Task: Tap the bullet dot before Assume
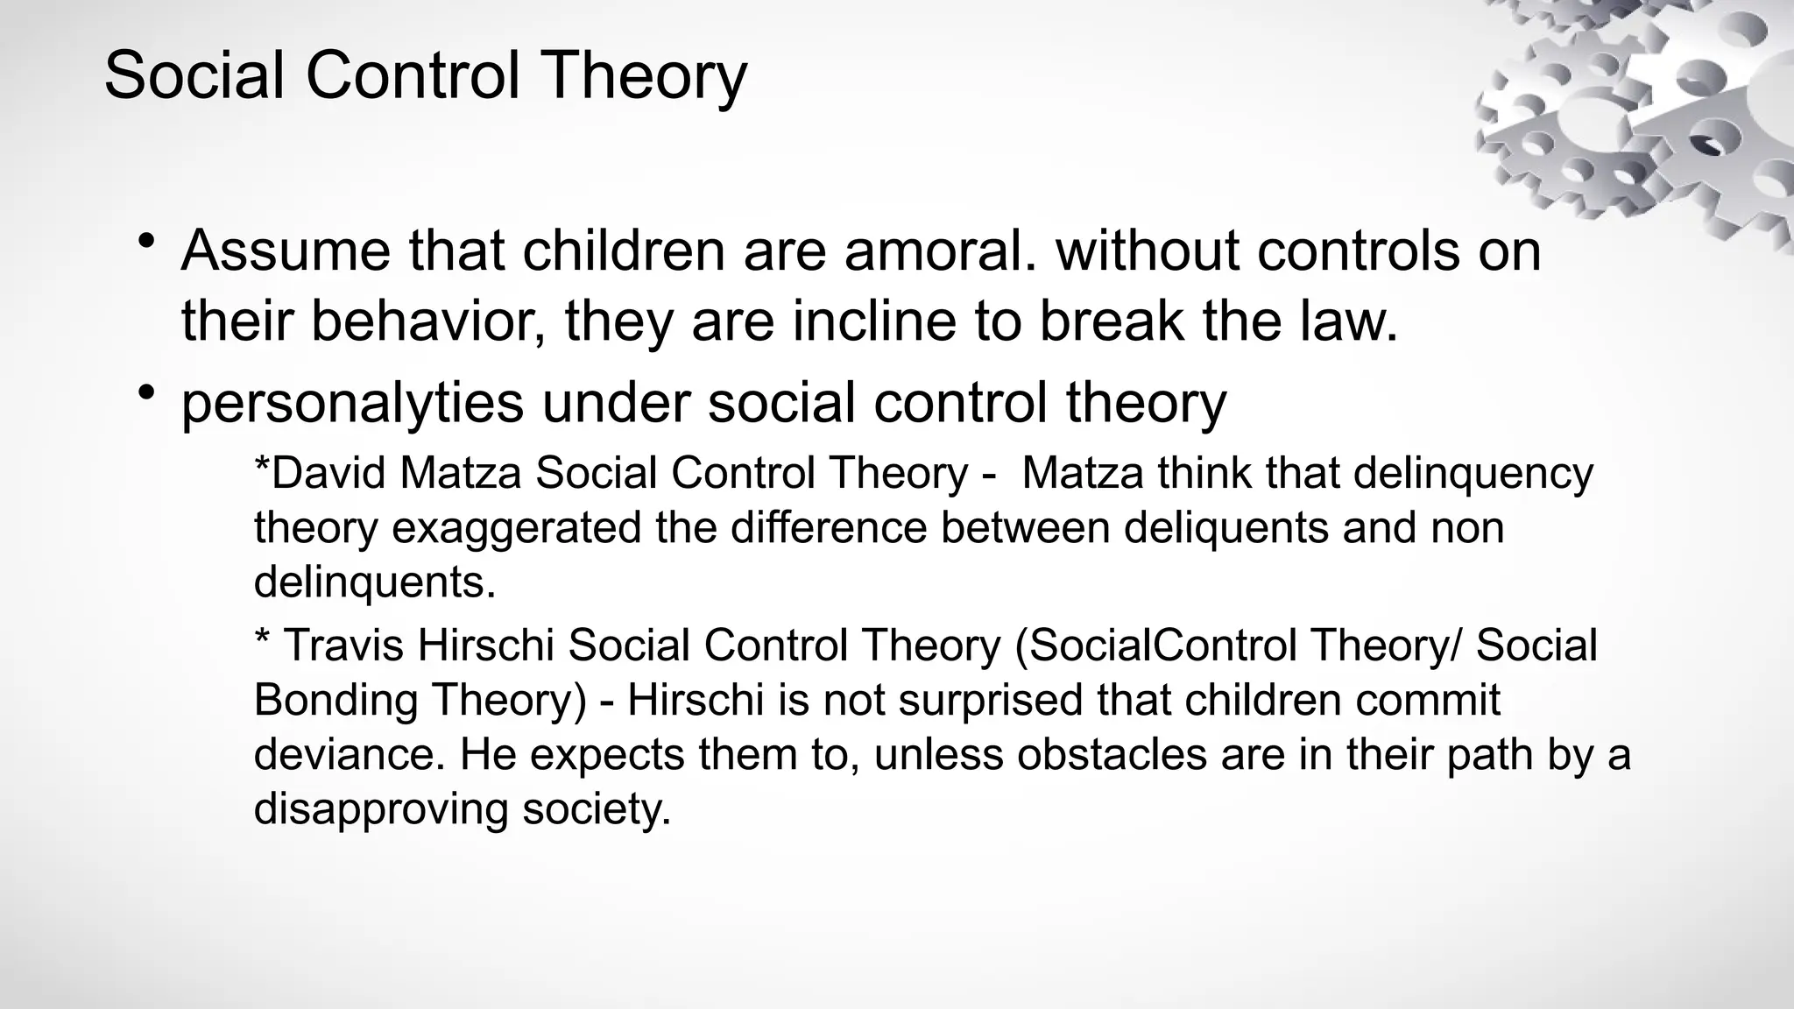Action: (x=146, y=241)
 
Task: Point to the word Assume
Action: (x=285, y=251)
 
